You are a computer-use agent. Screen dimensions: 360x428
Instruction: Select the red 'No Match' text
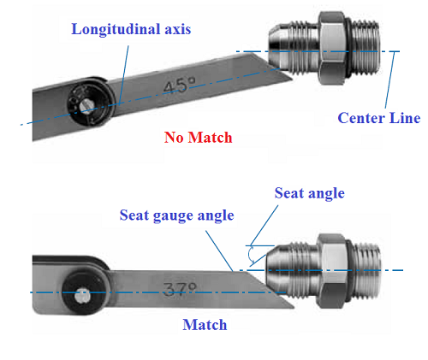point(198,137)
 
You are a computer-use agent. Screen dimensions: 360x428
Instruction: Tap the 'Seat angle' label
point(309,193)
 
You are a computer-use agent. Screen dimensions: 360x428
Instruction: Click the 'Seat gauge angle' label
point(176,215)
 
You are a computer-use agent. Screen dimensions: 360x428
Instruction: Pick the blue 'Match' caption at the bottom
point(205,325)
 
